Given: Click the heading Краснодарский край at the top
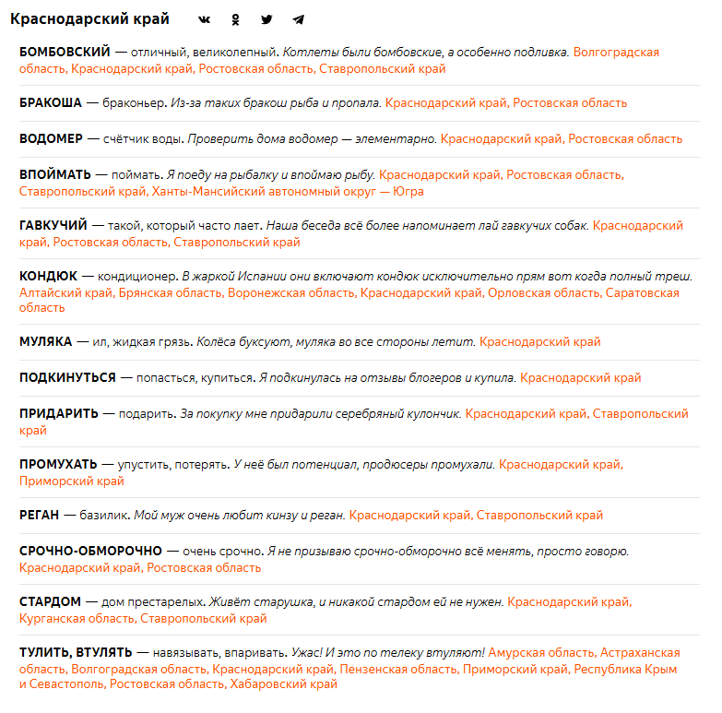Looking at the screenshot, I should pyautogui.click(x=89, y=18).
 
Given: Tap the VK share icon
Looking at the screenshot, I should pyautogui.click(x=205, y=19).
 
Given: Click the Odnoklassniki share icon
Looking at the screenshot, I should pyautogui.click(x=236, y=19).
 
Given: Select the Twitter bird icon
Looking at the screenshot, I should pyautogui.click(x=266, y=19).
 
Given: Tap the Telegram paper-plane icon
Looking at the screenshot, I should pyautogui.click(x=298, y=19).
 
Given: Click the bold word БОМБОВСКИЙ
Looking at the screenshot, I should pyautogui.click(x=65, y=52).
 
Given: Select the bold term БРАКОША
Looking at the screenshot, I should pyautogui.click(x=51, y=102).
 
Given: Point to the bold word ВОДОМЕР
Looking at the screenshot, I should pyautogui.click(x=50, y=138).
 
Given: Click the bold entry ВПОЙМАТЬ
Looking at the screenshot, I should pyautogui.click(x=55, y=173).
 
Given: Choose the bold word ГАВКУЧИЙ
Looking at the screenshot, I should pyautogui.click(x=53, y=224).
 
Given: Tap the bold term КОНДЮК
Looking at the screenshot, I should pyautogui.click(x=48, y=275).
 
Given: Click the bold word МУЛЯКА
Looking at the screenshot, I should pyautogui.click(x=45, y=341).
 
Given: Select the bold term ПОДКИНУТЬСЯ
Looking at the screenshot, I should pyautogui.click(x=67, y=377).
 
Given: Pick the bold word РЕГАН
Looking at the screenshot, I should pyautogui.click(x=39, y=515).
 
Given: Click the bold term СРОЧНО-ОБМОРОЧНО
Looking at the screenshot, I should pyautogui.click(x=90, y=551).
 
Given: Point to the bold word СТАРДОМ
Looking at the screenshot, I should pyautogui.click(x=51, y=601).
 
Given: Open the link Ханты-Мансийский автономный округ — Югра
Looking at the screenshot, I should pyautogui.click(x=287, y=191).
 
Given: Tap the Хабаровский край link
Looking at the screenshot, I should pyautogui.click(x=284, y=684).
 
